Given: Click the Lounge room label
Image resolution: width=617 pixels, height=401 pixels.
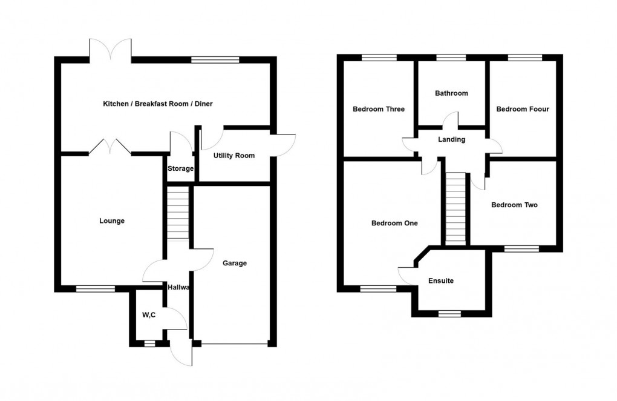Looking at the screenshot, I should pos(112,221).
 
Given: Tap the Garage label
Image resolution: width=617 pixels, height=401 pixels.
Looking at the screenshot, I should pos(235,263).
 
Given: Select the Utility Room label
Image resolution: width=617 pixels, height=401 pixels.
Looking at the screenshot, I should pos(234,156).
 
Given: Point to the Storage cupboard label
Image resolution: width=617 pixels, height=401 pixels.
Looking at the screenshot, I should pos(181,168).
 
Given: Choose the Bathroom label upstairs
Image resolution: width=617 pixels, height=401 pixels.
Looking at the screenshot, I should pos(451,93).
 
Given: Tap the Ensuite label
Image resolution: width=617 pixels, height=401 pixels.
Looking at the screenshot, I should pos(440,281).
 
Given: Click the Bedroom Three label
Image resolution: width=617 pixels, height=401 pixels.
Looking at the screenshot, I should pos(379,109).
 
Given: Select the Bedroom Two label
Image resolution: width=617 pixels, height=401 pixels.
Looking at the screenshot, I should pos(514,205).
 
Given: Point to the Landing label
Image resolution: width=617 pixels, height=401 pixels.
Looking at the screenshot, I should pos(452,140).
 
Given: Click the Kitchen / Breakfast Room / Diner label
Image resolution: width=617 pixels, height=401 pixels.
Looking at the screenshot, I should pos(158,104).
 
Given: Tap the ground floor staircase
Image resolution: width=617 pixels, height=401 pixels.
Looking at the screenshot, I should pos(178,213).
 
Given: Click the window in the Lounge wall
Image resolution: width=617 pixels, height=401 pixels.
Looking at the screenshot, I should pos(95,289).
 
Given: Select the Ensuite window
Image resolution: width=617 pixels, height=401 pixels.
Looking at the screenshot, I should pos(448,314).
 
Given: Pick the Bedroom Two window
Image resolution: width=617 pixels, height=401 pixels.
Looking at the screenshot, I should pos(521,248).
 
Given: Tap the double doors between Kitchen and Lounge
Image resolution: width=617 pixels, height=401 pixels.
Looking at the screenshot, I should pos(110,147).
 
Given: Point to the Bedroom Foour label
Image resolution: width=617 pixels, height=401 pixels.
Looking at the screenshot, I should pos(523,109).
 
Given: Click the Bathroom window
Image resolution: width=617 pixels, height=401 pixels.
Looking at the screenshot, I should pos(451,58).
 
